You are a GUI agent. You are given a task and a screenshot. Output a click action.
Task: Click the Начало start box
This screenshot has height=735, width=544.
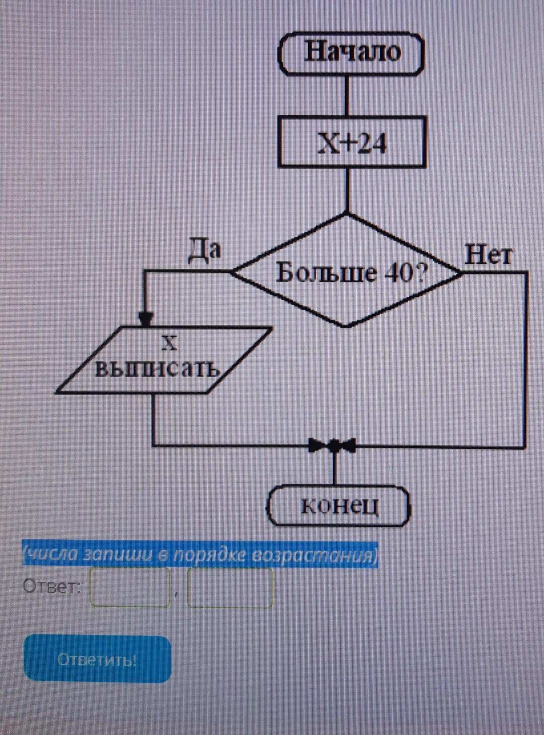[x=351, y=53]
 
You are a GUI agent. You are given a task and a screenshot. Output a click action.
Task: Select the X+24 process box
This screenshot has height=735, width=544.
[x=352, y=142]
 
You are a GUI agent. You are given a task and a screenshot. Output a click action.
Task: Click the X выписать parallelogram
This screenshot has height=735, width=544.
[x=163, y=360]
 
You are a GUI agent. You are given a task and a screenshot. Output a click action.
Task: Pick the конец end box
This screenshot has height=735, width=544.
[x=339, y=506]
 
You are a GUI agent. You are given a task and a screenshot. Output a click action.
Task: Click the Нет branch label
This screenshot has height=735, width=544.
[x=488, y=255]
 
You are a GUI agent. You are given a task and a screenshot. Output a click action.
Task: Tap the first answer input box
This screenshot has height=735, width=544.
[x=130, y=587]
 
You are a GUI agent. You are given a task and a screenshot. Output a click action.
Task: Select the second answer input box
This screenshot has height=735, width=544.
[x=230, y=588]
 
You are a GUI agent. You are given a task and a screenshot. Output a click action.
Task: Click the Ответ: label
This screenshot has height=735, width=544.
[x=52, y=587]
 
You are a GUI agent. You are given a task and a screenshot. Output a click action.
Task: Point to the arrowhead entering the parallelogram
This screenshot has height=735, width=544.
[x=145, y=320]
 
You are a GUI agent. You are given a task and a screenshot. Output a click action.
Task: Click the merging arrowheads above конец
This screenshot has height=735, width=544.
[x=334, y=444]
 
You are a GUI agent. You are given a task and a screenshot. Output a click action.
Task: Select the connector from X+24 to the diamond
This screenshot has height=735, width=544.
[x=347, y=190]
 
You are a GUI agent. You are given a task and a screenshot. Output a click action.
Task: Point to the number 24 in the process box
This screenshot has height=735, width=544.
[x=372, y=144]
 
